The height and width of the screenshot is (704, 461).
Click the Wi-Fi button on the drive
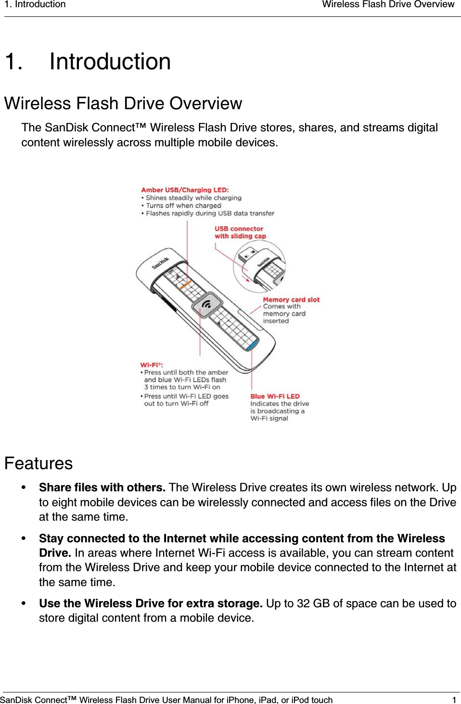[x=207, y=304]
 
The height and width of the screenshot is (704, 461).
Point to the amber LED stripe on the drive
[x=185, y=284]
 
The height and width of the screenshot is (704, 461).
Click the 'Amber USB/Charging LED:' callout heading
[x=185, y=190]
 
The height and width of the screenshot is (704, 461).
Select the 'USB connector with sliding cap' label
[x=240, y=232]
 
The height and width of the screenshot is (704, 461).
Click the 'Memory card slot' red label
[x=291, y=299]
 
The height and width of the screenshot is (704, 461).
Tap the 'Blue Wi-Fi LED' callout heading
[x=275, y=397]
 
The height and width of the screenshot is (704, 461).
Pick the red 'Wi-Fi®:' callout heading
[x=152, y=365]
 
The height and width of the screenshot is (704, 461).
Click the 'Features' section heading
[x=38, y=463]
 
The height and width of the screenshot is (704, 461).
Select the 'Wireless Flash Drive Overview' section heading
[x=123, y=103]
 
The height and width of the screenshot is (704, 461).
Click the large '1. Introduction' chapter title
[x=88, y=62]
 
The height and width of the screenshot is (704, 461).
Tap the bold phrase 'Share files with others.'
[x=102, y=487]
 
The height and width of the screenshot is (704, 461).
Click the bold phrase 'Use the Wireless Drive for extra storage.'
[x=151, y=603]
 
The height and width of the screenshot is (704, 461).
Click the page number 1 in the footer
[x=454, y=700]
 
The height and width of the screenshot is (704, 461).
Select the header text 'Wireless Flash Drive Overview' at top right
[x=388, y=5]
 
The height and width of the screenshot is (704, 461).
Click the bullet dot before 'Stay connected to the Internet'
[x=24, y=538]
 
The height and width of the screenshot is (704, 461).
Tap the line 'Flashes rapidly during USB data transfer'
[x=210, y=213]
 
